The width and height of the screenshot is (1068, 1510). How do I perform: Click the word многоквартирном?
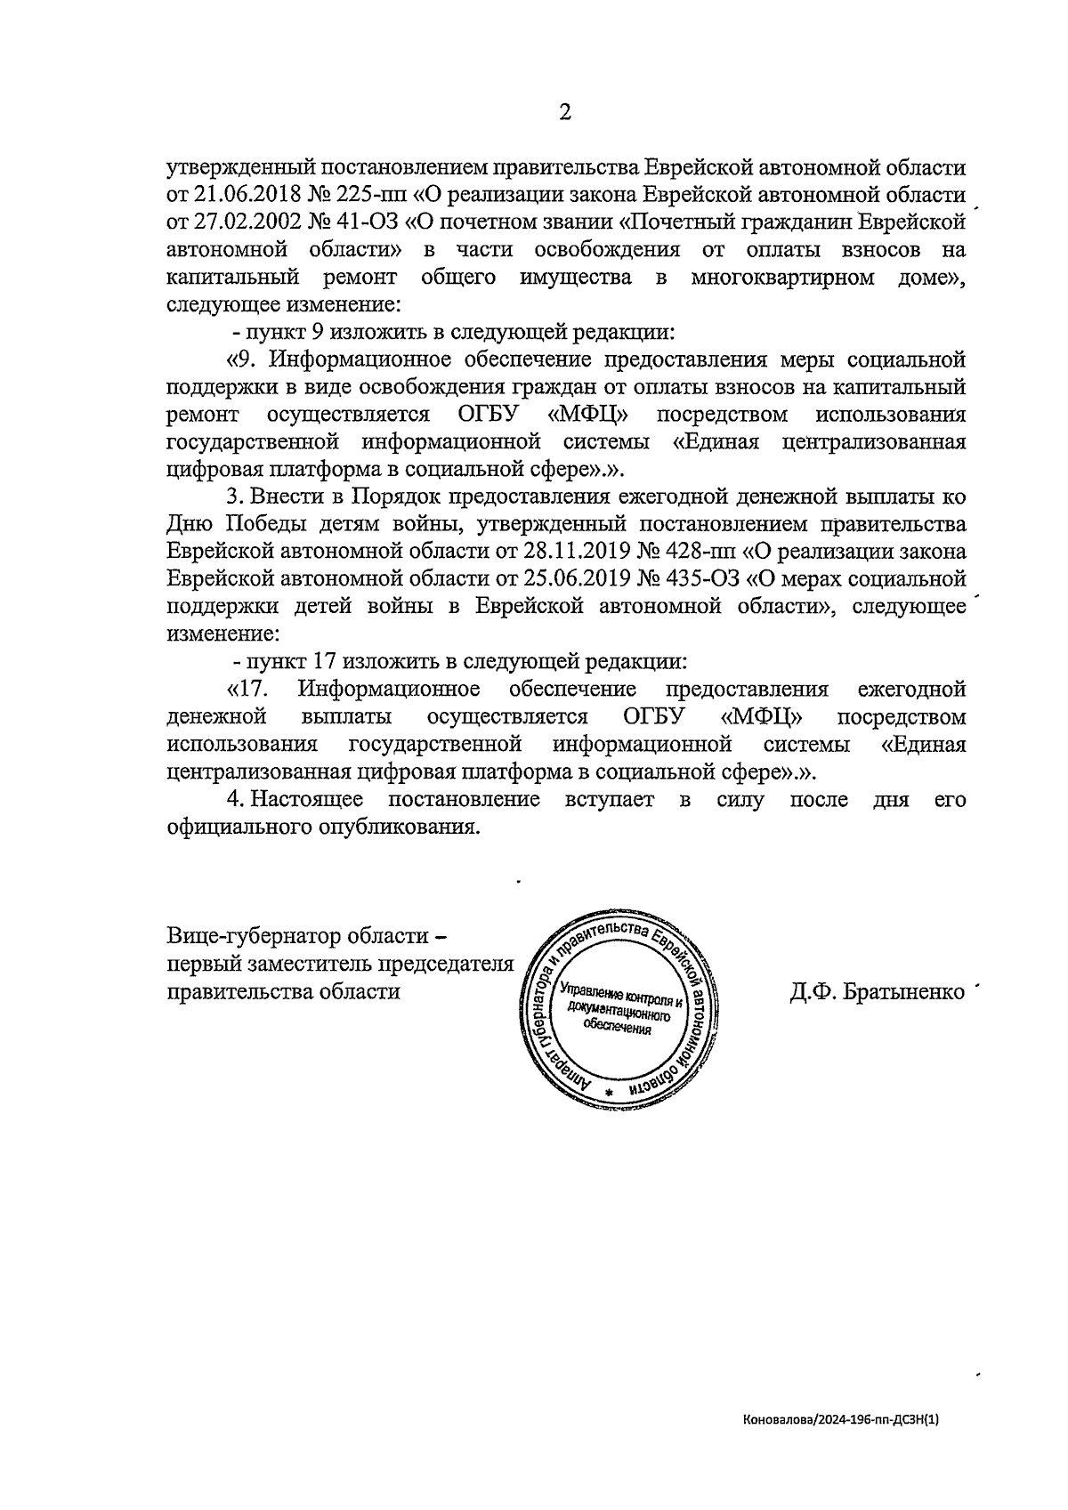782,278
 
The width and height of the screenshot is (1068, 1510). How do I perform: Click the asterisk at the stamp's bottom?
609,1092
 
